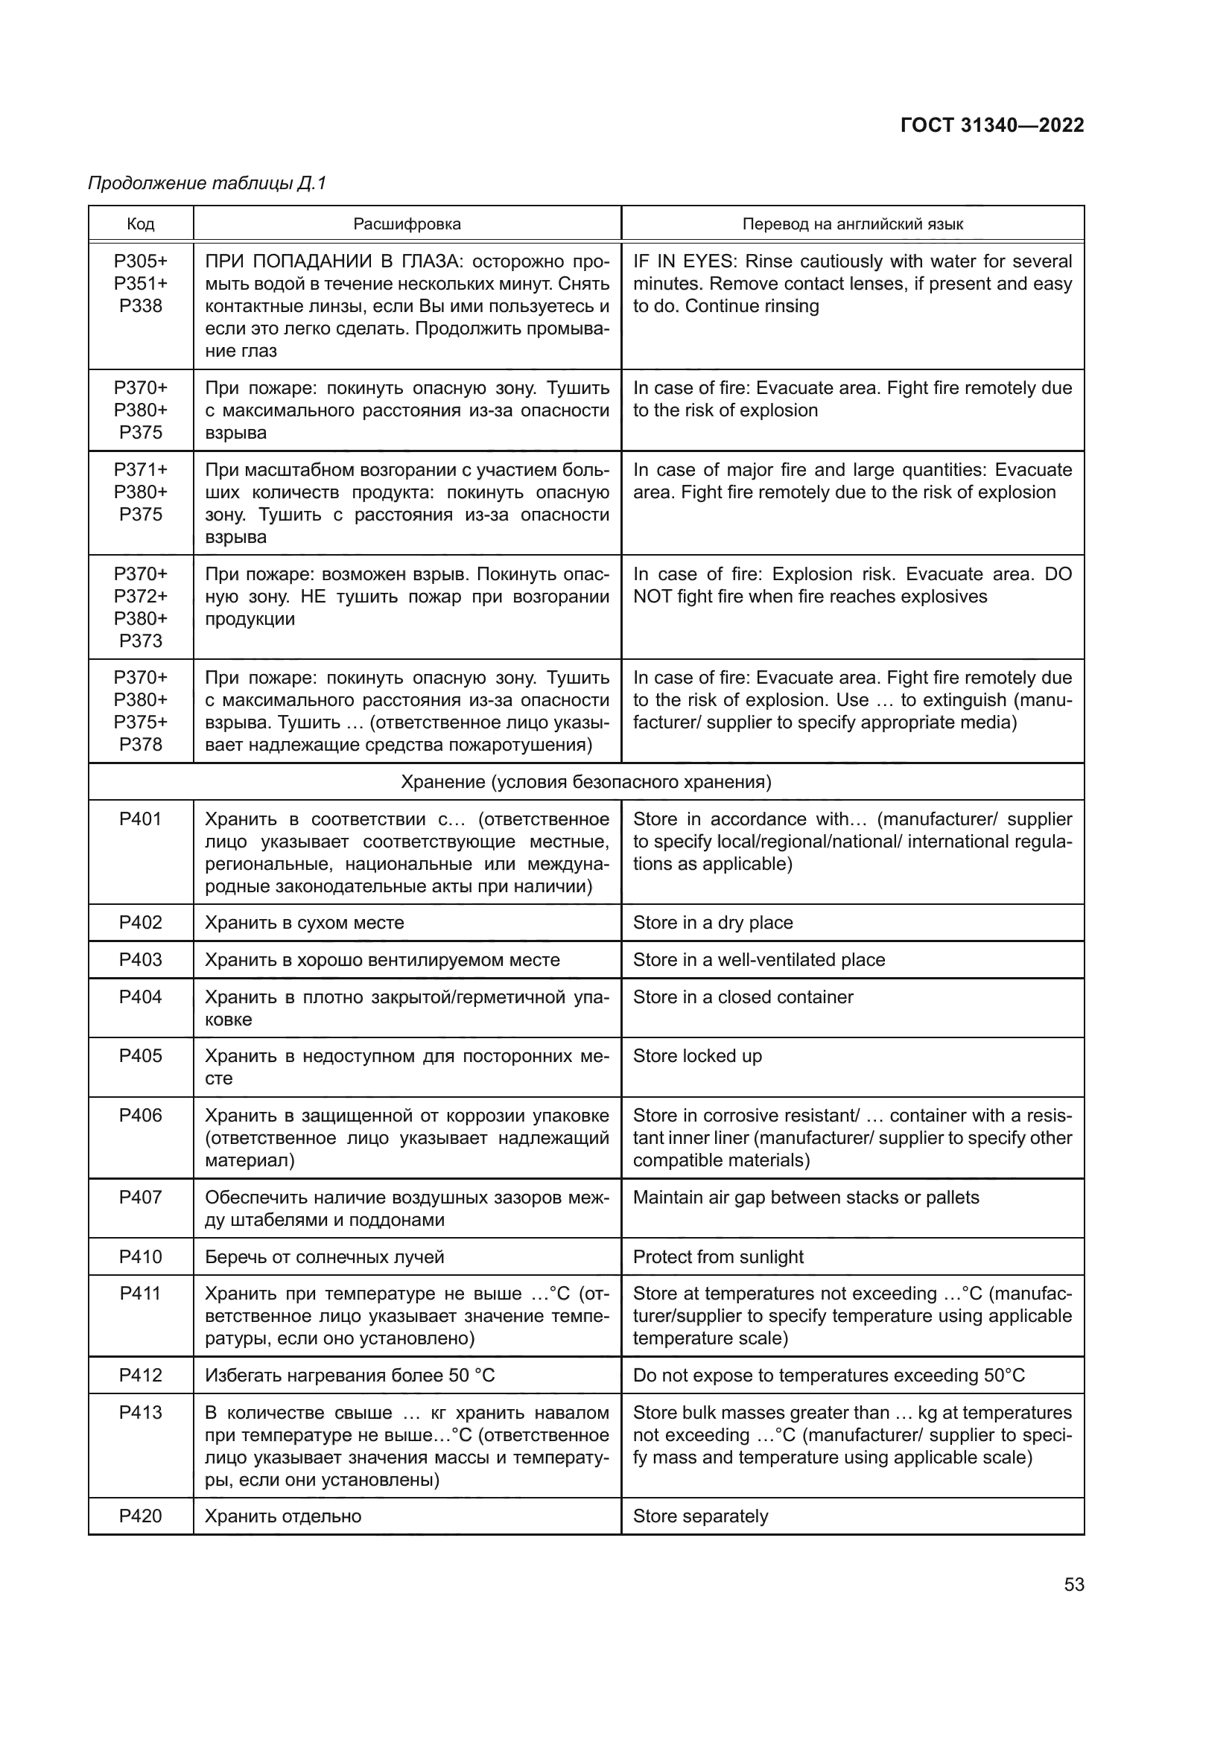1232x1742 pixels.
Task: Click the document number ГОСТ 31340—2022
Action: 991,125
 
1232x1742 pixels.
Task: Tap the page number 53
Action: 1073,1584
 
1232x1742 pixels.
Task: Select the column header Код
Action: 140,224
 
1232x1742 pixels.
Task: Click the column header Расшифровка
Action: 407,224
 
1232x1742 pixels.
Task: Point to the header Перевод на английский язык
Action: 852,224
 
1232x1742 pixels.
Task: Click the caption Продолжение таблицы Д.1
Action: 206,183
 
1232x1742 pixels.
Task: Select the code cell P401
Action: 140,818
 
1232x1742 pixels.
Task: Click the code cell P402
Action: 140,923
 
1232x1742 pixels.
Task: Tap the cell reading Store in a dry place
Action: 712,923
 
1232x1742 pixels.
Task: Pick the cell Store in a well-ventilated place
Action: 758,960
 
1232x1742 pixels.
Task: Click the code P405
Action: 140,1055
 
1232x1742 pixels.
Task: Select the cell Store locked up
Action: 697,1055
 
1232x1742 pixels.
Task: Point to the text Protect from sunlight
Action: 717,1256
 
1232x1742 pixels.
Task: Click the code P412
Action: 140,1376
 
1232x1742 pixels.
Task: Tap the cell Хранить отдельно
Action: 283,1516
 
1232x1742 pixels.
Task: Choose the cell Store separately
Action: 700,1516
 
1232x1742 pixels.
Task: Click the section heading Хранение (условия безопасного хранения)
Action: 585,781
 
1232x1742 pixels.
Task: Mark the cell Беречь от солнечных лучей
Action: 324,1256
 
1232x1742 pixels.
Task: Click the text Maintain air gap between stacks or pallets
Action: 806,1198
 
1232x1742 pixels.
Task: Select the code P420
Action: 140,1516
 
